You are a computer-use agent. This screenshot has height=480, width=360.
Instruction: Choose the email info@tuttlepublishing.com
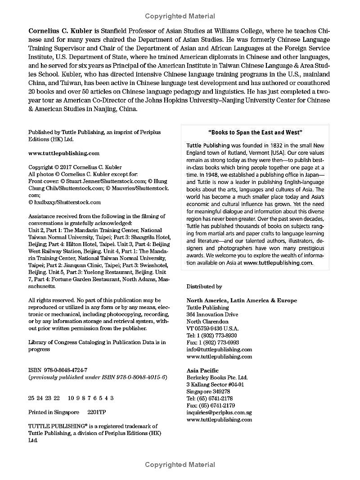[x=219, y=349]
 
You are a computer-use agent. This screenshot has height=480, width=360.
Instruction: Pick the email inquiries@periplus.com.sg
[x=219, y=412]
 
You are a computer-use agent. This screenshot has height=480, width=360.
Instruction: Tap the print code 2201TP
[x=97, y=412]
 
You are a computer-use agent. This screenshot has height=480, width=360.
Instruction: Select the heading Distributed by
[x=204, y=286]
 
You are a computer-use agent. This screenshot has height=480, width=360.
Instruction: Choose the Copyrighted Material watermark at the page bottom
[x=180, y=464]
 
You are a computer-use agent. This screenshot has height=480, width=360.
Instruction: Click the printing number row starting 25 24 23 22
[x=71, y=398]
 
